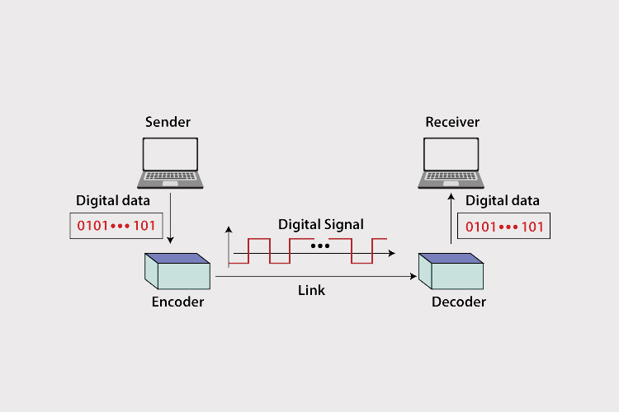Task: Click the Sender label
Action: (x=168, y=122)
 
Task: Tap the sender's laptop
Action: (x=171, y=162)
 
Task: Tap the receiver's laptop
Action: (x=451, y=162)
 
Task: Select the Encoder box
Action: (x=177, y=269)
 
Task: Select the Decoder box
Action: (x=451, y=269)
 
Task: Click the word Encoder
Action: (x=177, y=302)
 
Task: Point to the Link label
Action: (x=311, y=290)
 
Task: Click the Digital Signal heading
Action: (x=320, y=223)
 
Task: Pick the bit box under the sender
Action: (x=116, y=226)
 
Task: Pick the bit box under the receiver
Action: (x=504, y=226)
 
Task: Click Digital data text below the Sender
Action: (x=113, y=200)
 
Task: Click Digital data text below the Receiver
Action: (x=503, y=200)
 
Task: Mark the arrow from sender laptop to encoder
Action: (x=170, y=218)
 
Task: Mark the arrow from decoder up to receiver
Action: (x=451, y=218)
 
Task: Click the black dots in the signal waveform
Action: (x=320, y=246)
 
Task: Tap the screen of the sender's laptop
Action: (x=171, y=153)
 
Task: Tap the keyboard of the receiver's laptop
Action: (x=451, y=177)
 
